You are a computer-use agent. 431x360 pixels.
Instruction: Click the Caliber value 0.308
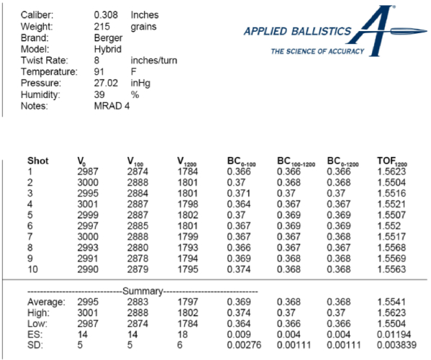pyautogui.click(x=106, y=14)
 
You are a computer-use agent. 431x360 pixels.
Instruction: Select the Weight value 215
pyautogui.click(x=101, y=26)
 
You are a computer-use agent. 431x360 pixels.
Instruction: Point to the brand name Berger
pyautogui.click(x=108, y=37)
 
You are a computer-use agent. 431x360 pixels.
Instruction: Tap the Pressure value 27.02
pyautogui.click(x=106, y=84)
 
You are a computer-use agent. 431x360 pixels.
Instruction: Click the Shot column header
pyautogui.click(x=38, y=161)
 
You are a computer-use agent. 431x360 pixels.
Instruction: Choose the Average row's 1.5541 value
pyautogui.click(x=391, y=301)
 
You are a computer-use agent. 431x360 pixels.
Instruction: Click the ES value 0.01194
pyautogui.click(x=394, y=334)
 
